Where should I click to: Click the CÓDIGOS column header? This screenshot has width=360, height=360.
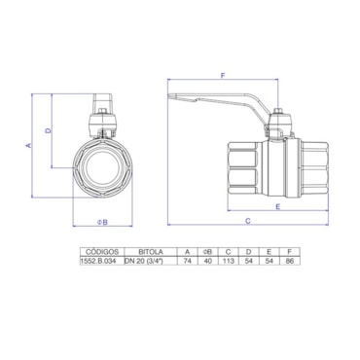102,252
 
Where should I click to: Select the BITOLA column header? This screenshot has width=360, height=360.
151,252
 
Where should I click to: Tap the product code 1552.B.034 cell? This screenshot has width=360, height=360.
101,261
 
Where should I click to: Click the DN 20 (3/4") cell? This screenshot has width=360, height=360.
144,261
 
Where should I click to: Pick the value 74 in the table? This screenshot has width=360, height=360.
187,261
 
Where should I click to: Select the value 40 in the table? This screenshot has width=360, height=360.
207,261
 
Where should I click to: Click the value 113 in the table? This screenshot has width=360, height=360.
229,261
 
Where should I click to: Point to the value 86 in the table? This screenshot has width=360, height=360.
290,261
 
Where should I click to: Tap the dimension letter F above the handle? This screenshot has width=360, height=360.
223,75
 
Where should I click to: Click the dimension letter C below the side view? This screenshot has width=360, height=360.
248,221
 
